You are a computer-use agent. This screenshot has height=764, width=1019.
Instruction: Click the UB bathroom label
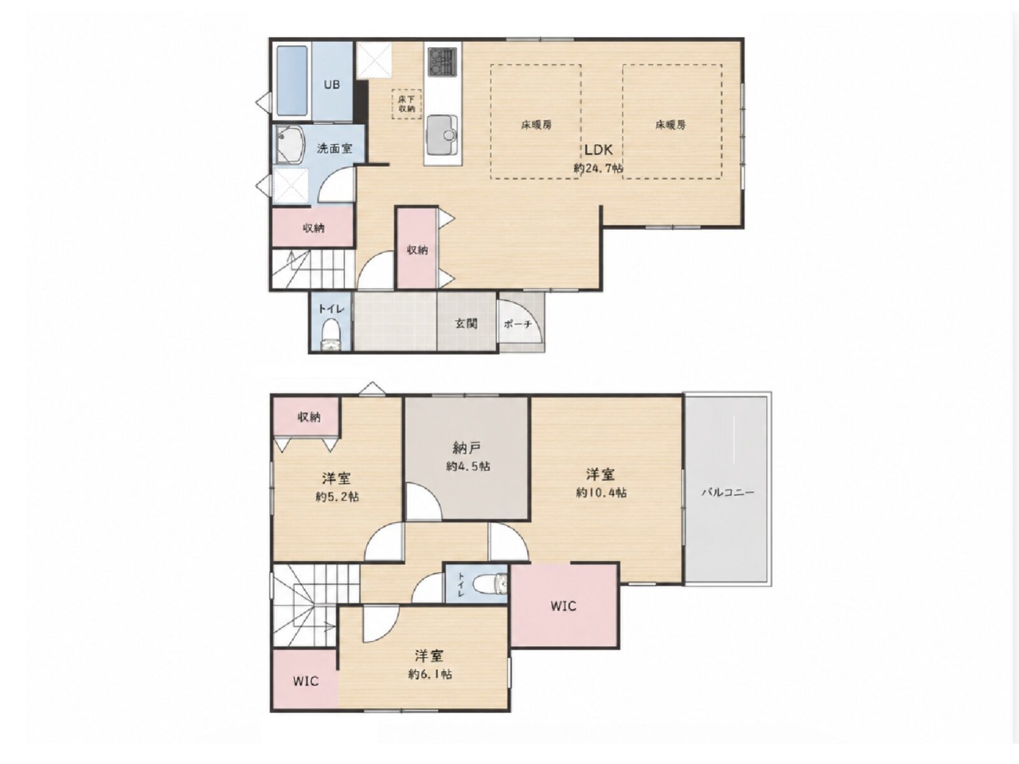[x=331, y=85]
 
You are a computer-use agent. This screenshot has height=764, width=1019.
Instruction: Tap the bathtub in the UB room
[x=293, y=82]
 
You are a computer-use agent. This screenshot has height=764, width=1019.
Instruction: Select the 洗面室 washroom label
[x=335, y=148]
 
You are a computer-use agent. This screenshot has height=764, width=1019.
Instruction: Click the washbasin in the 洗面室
[x=289, y=145]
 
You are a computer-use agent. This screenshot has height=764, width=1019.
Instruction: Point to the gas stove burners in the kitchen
[x=442, y=61]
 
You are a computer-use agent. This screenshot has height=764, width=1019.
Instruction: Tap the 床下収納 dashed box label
[x=407, y=103]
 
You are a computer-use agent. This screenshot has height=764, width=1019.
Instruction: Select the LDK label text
[x=598, y=150]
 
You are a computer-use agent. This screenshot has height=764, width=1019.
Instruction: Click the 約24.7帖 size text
[x=598, y=168]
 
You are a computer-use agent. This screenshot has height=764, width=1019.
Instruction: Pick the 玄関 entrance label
[x=466, y=323]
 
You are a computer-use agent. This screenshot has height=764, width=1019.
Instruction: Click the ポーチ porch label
[x=517, y=324]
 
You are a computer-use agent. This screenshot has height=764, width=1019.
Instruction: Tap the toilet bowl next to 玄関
[x=331, y=335]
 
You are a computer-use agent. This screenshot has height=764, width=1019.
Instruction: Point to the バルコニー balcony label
[x=728, y=492]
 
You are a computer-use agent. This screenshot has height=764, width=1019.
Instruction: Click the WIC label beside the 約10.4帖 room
[x=563, y=606]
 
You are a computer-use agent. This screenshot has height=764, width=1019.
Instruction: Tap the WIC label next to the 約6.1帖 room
[x=306, y=681]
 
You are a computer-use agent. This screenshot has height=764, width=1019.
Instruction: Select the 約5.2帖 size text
[x=337, y=496]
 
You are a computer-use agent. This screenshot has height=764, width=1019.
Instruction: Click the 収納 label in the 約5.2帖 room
[x=308, y=417]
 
